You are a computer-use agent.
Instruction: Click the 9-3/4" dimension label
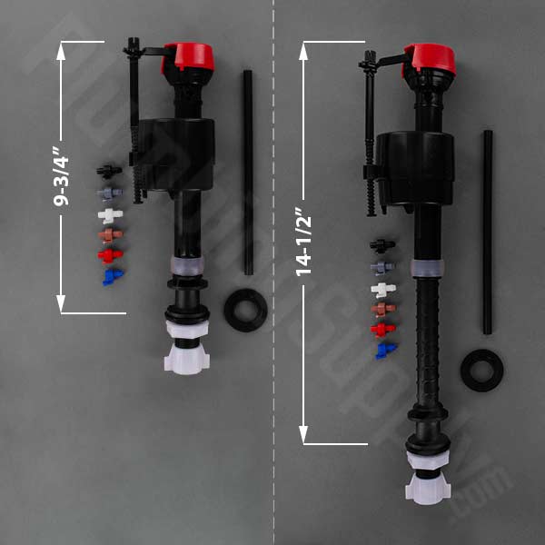coord(62,177)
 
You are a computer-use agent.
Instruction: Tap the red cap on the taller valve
coord(431,57)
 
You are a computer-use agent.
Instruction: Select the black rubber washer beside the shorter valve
coord(244,310)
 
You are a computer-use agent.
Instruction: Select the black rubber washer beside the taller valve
coord(481,370)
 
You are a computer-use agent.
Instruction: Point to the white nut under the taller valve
coord(428,479)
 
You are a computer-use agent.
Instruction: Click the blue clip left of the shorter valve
coord(112,275)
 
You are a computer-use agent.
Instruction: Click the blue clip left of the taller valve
coord(385,350)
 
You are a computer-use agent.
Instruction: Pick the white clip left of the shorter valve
coord(110,215)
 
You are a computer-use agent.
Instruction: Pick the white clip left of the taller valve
coord(383,290)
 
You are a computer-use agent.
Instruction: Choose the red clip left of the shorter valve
coord(110,255)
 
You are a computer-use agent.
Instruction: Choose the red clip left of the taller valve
coord(383,329)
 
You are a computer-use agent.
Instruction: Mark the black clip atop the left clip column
coord(109,171)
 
